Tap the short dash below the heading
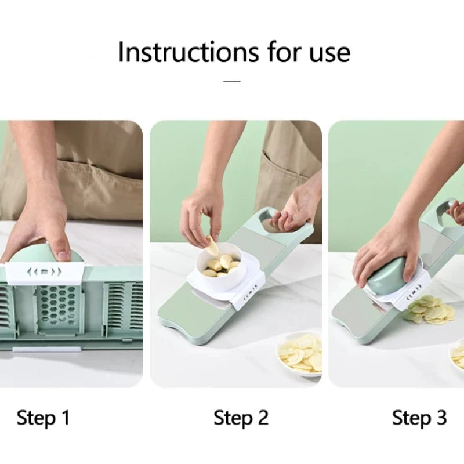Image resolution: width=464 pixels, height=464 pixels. (x=232, y=81)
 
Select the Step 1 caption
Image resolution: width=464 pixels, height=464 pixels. (x=43, y=418)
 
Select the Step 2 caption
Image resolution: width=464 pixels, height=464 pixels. (x=241, y=418)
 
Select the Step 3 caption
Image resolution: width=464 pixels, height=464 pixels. (x=419, y=418)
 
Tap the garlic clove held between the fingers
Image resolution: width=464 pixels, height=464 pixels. (x=213, y=246)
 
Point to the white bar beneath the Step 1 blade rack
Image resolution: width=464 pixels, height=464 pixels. (x=46, y=350)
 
